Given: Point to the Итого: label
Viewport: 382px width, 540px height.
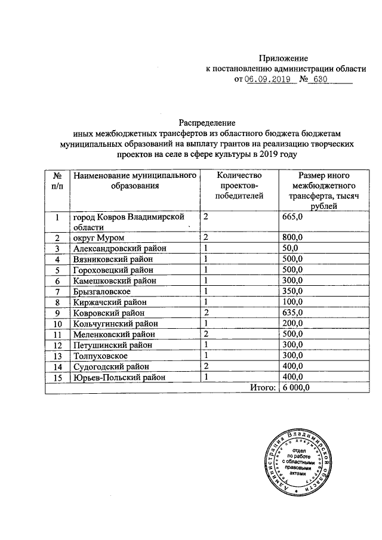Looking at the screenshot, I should click(x=263, y=388).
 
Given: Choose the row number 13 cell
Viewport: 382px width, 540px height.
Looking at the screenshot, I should click(x=57, y=355).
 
